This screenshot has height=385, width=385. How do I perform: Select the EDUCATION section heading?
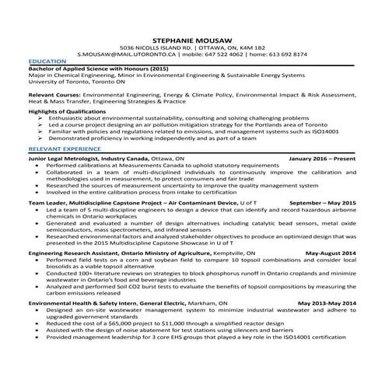coord(47,61)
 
